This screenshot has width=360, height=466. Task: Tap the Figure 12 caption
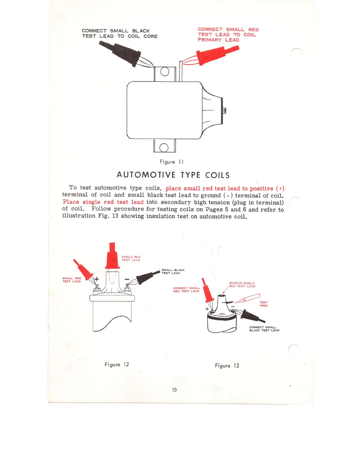117,365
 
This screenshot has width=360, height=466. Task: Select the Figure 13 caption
227,366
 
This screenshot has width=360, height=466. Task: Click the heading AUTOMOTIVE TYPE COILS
173,175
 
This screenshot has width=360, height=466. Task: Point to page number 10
174,390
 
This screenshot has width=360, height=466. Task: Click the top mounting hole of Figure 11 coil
165,72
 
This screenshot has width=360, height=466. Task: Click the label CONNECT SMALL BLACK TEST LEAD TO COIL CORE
119,34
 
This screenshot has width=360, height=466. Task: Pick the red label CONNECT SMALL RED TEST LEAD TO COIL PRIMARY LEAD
228,35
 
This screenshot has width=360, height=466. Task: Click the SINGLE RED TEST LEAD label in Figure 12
131,258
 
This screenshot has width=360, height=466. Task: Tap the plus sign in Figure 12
96,279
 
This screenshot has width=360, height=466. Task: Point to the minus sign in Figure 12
127,279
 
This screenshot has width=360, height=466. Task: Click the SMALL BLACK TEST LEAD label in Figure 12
173,271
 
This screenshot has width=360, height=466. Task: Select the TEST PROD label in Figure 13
264,304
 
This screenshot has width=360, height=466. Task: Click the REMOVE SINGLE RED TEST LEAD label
242,284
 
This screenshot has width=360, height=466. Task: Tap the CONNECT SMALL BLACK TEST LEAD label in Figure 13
264,329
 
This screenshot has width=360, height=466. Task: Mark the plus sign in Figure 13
207,309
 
